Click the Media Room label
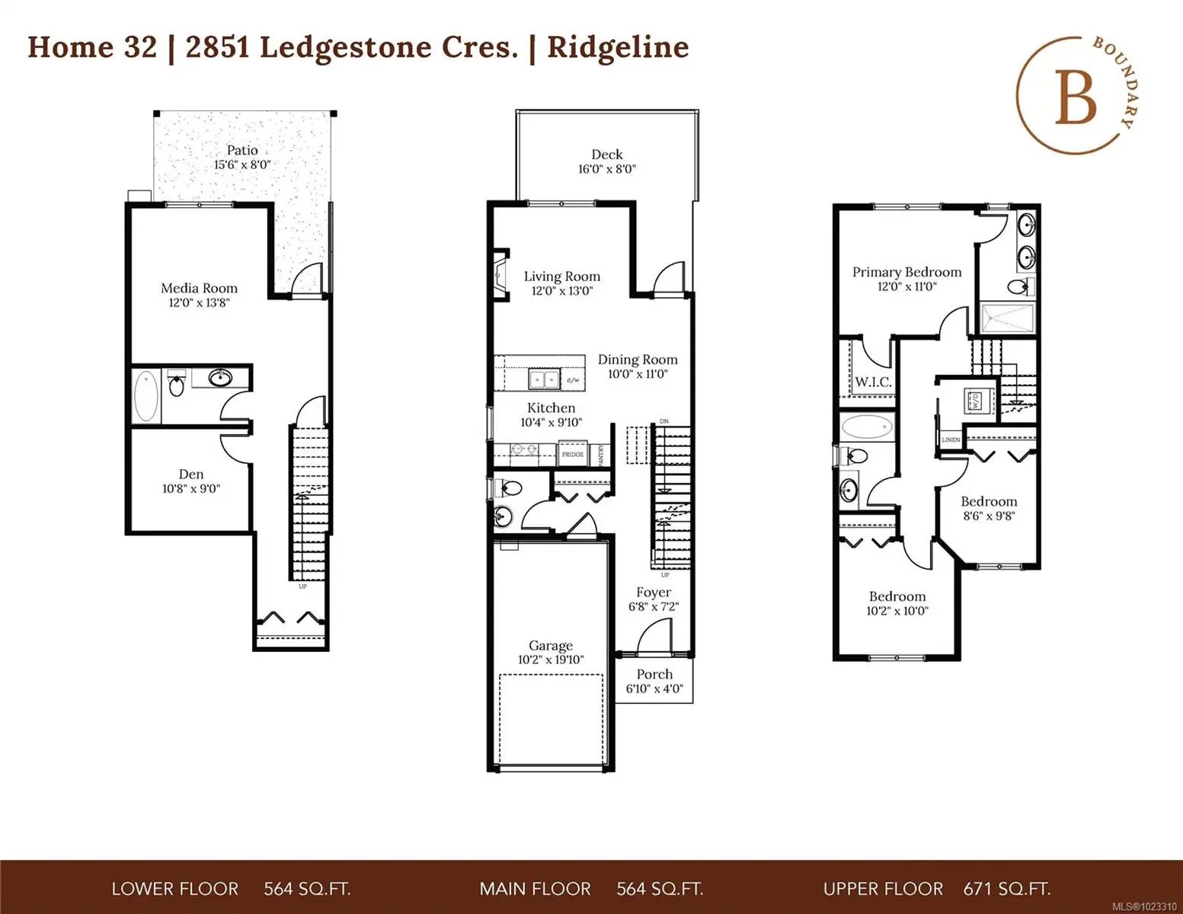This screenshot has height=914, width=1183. point(199,288)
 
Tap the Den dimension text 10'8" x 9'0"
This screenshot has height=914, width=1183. point(190,489)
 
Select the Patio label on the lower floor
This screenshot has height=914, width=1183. point(242,150)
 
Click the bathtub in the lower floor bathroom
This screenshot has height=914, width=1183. point(146,396)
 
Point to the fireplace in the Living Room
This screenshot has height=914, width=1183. point(500,275)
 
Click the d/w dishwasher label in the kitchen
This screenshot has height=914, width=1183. point(573,379)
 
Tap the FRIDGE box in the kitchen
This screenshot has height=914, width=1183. point(572,454)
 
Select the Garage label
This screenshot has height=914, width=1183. point(550,645)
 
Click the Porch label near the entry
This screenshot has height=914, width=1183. point(654,674)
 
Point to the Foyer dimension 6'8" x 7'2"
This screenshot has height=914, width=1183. point(654,607)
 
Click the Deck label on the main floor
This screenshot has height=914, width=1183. point(607,155)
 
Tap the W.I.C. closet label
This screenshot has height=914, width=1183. point(873,382)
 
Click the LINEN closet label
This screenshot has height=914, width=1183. point(951,440)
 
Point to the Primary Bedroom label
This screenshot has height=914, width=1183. point(906,272)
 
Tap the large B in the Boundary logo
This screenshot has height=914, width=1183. point(1075,100)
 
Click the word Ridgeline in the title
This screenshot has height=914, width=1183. point(618,47)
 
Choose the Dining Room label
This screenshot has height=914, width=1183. point(638,360)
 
